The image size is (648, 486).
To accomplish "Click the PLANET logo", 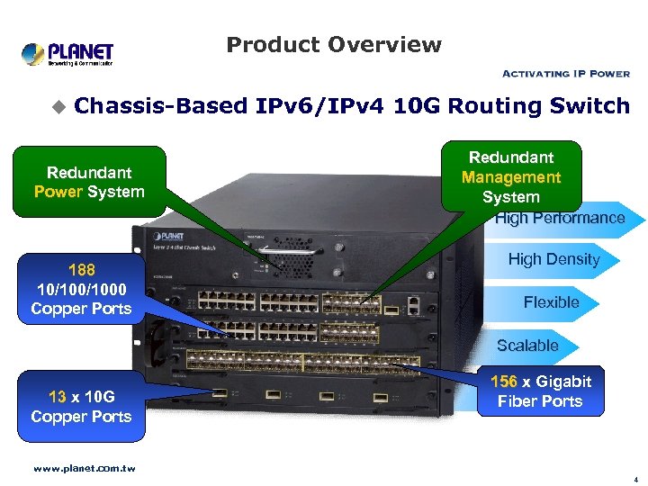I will (67, 53).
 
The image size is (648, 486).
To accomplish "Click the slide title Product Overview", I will (334, 44).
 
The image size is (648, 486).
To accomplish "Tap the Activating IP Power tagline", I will (565, 74).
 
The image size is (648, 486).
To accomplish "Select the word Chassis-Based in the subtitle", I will (161, 106).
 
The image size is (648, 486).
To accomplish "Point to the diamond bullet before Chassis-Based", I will (58, 107).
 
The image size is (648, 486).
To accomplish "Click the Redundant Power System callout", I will (89, 182).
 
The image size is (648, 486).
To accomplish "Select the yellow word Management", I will (510, 177).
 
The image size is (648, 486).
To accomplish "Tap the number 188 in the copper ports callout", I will (81, 269).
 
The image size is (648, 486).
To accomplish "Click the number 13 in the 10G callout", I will (58, 396).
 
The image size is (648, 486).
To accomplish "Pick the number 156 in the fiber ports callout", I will (504, 382).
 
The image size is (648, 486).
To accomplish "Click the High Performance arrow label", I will (559, 218).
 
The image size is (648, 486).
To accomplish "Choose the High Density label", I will (553, 259).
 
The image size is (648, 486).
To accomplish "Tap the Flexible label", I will (551, 302).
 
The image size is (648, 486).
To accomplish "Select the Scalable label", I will (527, 346).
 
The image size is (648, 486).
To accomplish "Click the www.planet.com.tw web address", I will (84, 469).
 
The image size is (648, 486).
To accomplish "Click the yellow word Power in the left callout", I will (58, 192).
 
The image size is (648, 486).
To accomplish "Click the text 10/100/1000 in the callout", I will (81, 289).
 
